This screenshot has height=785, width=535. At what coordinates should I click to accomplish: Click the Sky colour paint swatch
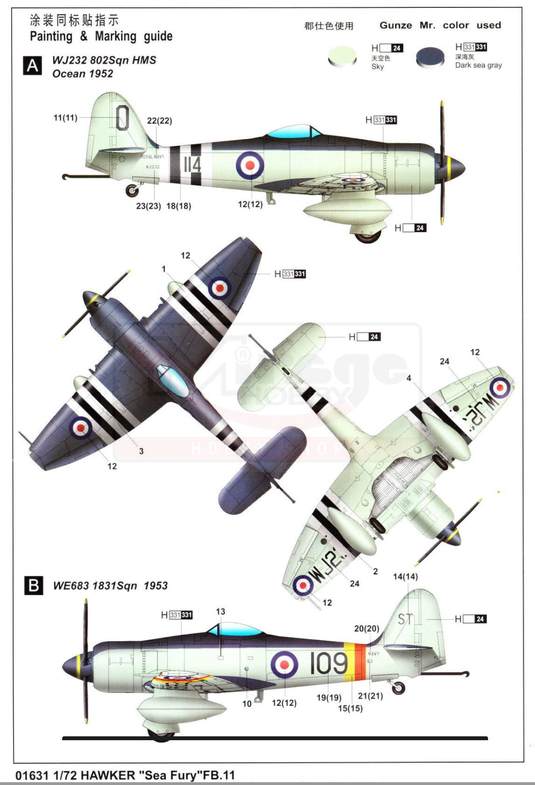[x=342, y=56]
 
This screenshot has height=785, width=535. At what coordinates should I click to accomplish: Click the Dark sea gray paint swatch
[x=430, y=57]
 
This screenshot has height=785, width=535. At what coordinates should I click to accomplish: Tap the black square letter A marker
[x=33, y=66]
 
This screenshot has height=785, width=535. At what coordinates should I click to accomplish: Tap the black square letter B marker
[x=33, y=585]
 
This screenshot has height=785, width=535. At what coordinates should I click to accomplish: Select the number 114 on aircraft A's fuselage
[x=192, y=165]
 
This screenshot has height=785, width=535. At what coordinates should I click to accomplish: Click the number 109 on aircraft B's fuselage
[x=328, y=663]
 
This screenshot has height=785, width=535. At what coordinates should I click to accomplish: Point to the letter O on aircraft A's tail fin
[x=123, y=117]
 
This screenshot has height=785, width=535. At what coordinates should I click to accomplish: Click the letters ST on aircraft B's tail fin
[x=405, y=619]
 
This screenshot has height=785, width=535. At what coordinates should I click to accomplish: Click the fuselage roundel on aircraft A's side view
[x=250, y=165]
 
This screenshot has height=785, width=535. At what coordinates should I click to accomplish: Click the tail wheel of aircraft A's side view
[x=132, y=190]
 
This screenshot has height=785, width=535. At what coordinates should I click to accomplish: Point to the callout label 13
[x=221, y=612]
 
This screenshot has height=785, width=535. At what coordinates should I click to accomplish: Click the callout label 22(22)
[x=159, y=121]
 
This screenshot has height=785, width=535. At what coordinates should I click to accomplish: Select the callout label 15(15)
[x=350, y=708]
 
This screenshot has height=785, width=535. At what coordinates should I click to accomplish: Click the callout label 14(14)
[x=405, y=576]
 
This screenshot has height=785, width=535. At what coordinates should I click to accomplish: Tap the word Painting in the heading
[x=51, y=36]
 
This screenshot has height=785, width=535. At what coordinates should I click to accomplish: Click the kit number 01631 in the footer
[x=32, y=775]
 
